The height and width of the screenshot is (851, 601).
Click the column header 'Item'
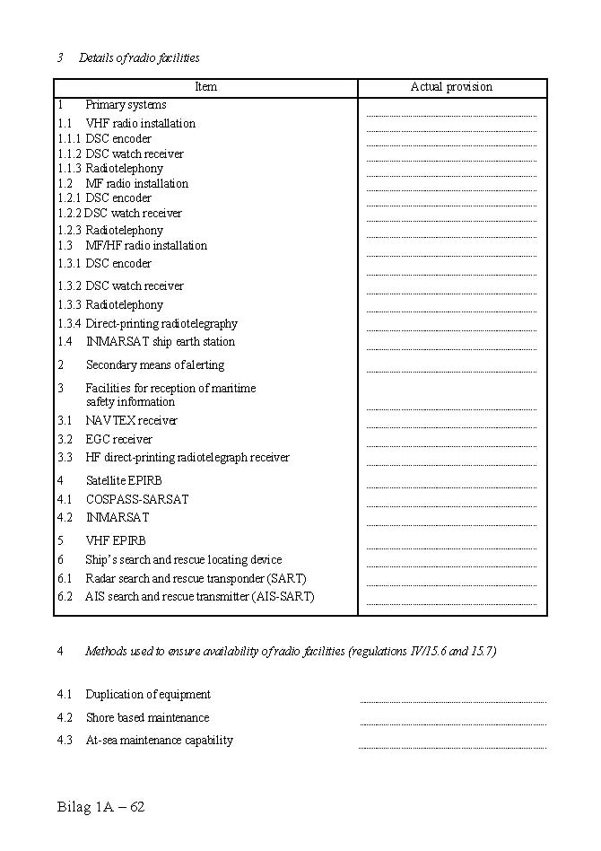pos(205,87)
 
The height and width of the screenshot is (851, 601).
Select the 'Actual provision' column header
pos(451,87)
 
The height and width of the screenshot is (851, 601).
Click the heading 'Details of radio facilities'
pos(139,58)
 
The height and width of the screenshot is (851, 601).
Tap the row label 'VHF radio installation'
pos(140,124)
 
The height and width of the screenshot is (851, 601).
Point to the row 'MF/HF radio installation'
pos(146,246)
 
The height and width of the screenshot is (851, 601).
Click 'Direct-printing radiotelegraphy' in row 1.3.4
pos(161,324)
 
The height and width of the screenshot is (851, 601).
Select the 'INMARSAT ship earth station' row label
pos(161,342)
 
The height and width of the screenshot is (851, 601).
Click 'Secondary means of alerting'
pos(155,365)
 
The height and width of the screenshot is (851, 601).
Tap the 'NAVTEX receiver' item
pos(132,421)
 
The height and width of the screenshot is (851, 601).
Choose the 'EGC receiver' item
pos(119,440)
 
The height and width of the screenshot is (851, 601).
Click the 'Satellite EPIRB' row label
pos(124,481)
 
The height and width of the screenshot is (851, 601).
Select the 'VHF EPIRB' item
pos(116,541)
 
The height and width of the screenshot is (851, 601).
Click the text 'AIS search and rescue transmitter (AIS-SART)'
pos(200,597)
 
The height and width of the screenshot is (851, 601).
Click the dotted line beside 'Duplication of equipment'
pos(453,701)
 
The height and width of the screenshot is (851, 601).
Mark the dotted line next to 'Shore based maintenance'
pos(453,724)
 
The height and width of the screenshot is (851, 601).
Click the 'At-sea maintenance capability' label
pos(160,741)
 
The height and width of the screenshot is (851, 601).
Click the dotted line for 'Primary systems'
pos(451,115)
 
